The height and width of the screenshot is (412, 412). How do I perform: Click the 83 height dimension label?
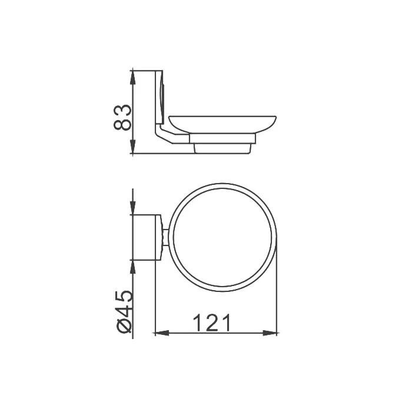coord(122,118)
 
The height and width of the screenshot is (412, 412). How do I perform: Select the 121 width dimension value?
coord(212,323)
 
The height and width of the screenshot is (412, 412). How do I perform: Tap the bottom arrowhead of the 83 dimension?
coord(133,147)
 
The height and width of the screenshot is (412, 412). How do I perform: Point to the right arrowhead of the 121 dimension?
coord(270,333)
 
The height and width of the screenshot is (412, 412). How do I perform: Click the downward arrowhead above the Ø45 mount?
coord(133,208)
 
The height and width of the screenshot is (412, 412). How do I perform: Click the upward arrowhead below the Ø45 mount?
coord(133,267)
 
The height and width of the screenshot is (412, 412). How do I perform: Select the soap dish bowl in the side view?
coord(222,124)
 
